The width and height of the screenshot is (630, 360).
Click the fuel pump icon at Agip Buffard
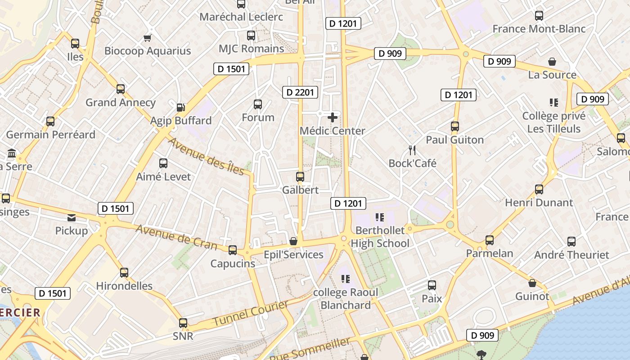[180, 107]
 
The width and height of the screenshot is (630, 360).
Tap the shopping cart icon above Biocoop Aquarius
[147, 38]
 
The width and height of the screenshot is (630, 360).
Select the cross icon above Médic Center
[333, 117]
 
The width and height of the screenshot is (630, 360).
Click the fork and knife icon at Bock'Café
[412, 149]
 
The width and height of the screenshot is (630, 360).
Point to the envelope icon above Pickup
[72, 218]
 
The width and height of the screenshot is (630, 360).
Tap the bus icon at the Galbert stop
[300, 177]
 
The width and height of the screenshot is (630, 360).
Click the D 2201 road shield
[300, 93]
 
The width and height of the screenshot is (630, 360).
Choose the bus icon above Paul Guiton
[455, 126]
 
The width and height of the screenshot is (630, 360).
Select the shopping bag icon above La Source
[552, 62]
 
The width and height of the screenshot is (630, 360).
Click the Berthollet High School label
[380, 237]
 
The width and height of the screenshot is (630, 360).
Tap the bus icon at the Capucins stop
[233, 250]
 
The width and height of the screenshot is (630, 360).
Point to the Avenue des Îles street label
[206, 156]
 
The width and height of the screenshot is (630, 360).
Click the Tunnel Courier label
[250, 314]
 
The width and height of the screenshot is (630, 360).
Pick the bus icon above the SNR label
[183, 323]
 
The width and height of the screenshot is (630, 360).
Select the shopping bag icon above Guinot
[532, 283]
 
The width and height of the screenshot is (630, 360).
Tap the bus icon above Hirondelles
[124, 273]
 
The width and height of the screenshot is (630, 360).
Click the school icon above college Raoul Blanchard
[346, 279]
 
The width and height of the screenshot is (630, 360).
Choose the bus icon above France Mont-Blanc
[539, 16]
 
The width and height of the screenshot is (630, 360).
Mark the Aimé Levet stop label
[163, 176]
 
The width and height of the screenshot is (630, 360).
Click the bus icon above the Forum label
[258, 104]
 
